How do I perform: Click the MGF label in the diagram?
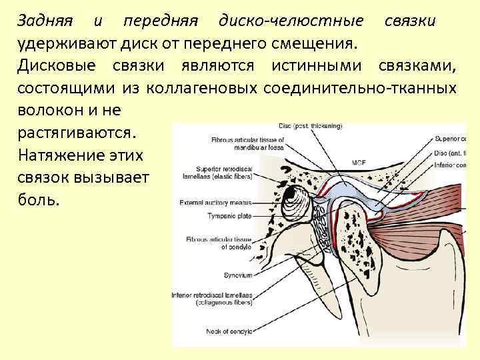358,162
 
